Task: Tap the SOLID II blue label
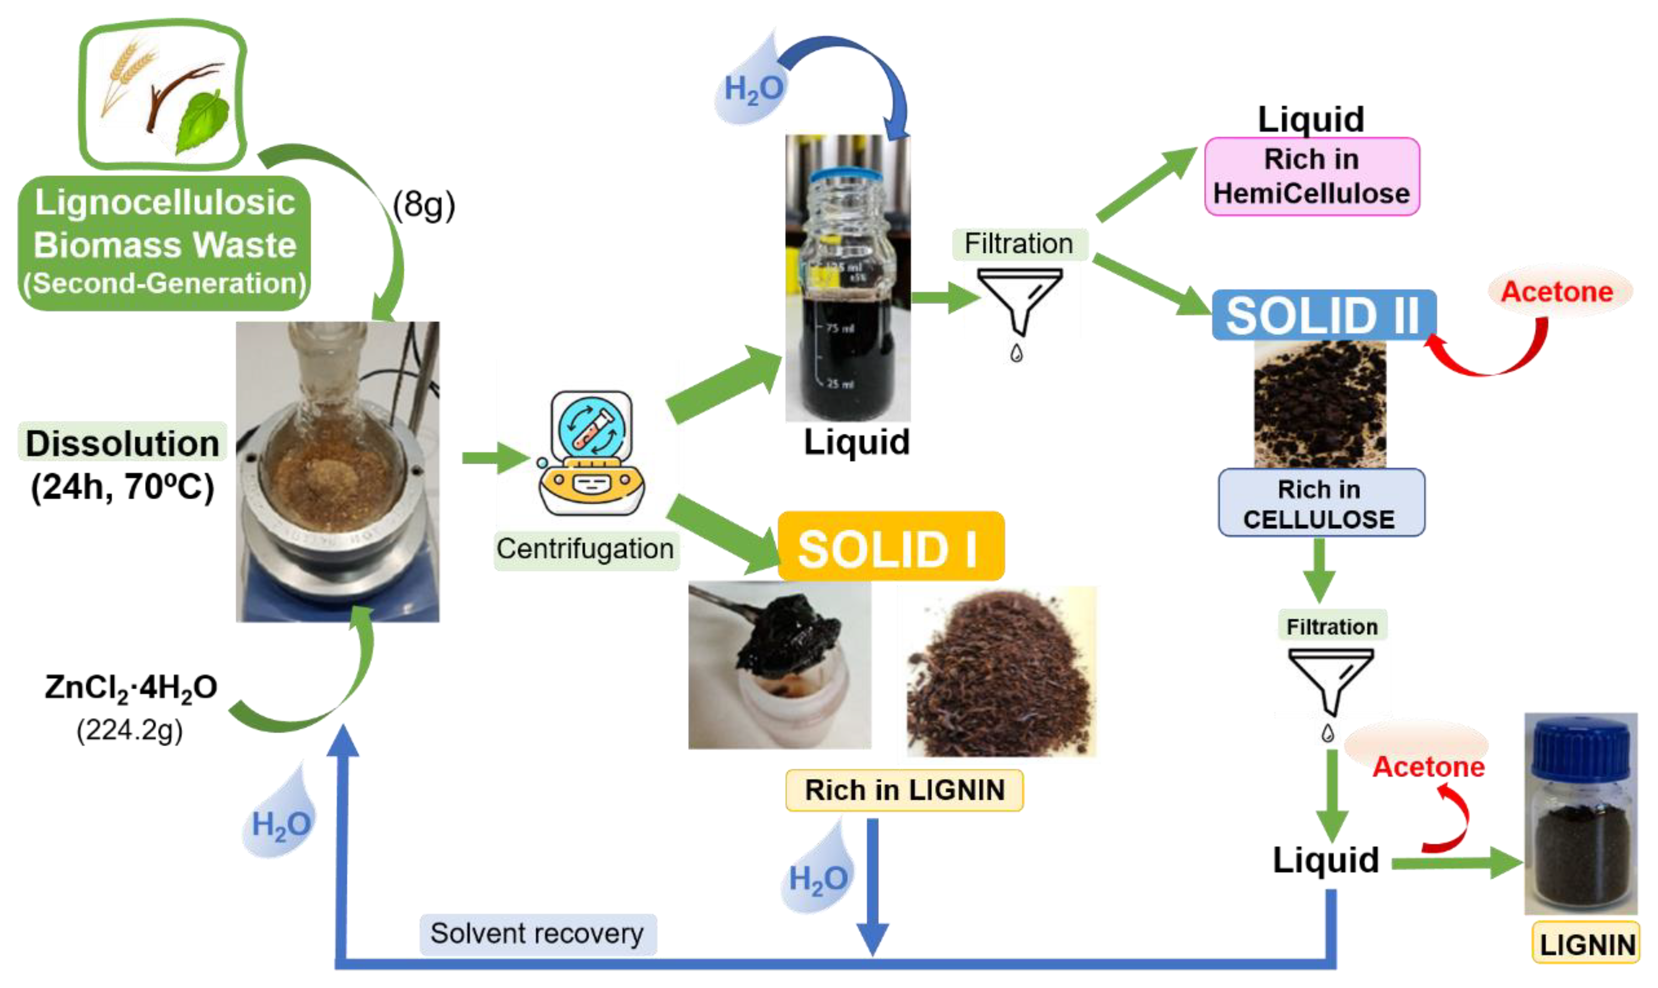tap(1323, 315)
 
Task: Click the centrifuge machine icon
tap(590, 453)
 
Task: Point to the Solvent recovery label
tap(537, 933)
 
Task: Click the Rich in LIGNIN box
tap(903, 790)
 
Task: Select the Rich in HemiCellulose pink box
tap(1311, 176)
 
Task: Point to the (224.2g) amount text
tap(129, 730)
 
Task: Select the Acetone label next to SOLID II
tap(1557, 291)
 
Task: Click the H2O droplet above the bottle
tap(753, 87)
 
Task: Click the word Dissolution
tap(123, 443)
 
